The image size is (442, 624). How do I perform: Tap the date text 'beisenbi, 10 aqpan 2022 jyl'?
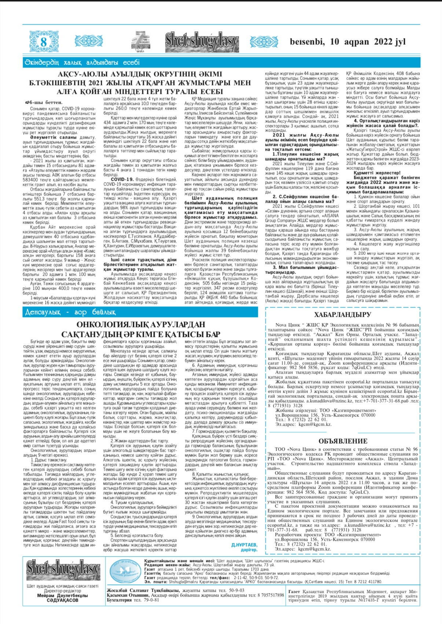click(x=347, y=42)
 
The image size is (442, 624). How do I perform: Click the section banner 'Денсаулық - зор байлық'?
click(x=70, y=312)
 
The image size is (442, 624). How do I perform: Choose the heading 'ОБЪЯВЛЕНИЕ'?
click(x=343, y=441)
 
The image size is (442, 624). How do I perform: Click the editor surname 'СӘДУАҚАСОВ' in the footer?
click(x=62, y=600)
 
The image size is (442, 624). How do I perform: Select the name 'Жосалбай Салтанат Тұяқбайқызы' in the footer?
click(x=143, y=590)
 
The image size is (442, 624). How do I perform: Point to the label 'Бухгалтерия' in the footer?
click(x=119, y=600)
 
